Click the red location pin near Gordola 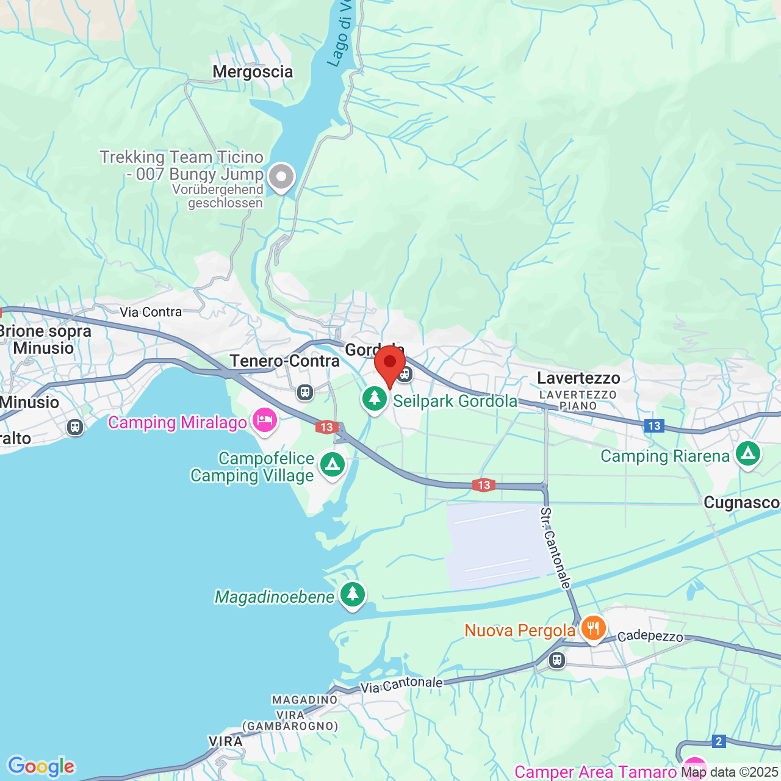(x=390, y=364)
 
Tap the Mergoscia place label (x=253, y=72)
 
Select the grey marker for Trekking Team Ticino (x=281, y=177)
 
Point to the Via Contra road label (x=151, y=312)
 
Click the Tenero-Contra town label (x=284, y=361)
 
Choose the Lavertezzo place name (x=578, y=378)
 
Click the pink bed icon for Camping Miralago (x=265, y=420)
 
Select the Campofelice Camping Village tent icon (x=333, y=465)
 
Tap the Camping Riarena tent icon (x=747, y=454)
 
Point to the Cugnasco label (x=741, y=503)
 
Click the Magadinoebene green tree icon (x=352, y=594)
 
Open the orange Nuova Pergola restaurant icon (x=592, y=628)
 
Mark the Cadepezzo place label (x=650, y=636)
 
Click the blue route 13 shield (x=654, y=426)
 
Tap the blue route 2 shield (x=719, y=741)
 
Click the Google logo (x=41, y=766)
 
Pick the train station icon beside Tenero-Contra (x=305, y=392)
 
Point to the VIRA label (x=226, y=741)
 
